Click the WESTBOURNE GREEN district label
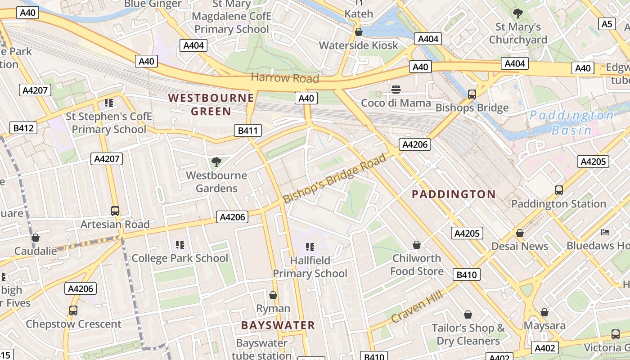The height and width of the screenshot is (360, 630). coord(211,104)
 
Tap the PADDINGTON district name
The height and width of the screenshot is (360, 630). coord(454,194)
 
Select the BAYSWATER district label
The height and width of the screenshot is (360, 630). coord(278,325)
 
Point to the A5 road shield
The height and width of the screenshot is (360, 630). coord(607,24)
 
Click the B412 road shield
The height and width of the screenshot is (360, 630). coord(23,128)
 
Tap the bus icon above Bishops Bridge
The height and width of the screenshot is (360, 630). coord(472,94)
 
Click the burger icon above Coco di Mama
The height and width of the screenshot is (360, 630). coord(396,90)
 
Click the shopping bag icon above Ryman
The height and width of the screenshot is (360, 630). coord(273,295)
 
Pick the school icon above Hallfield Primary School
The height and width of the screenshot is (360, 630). coord(310,247)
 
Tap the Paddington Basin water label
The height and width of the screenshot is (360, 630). coord(571,123)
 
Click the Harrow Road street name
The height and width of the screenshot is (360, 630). coord(285,78)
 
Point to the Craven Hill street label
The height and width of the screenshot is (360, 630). coord(417,306)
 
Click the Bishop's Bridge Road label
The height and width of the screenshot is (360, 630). coord(335,178)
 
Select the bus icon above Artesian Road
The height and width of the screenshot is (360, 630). coord(115,211)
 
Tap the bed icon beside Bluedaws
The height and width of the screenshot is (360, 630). coord(605,232)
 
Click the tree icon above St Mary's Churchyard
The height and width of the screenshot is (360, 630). coord(517,13)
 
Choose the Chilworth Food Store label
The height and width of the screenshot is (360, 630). coord(417,265)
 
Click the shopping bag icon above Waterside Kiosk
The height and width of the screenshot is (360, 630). coord(359,32)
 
